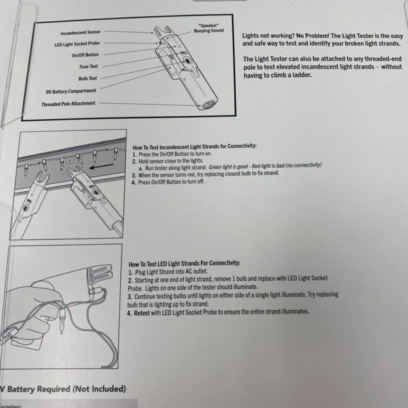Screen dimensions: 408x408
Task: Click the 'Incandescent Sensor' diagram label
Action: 80,33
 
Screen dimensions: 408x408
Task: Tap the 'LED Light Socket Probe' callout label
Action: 77,44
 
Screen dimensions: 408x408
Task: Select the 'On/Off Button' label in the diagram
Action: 85,55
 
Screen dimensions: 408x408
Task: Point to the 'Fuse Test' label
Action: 89,67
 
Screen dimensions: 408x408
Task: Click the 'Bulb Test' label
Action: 88,78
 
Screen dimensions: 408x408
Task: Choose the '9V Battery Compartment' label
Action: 71,91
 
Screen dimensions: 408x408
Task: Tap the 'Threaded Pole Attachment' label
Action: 68,104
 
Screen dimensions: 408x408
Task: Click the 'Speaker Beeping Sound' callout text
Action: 208,28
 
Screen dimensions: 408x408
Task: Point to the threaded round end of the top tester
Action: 208,104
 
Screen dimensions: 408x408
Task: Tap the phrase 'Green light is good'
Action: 228,166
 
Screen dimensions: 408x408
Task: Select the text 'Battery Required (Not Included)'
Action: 67,389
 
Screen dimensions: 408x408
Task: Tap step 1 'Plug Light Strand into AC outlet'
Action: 168,272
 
